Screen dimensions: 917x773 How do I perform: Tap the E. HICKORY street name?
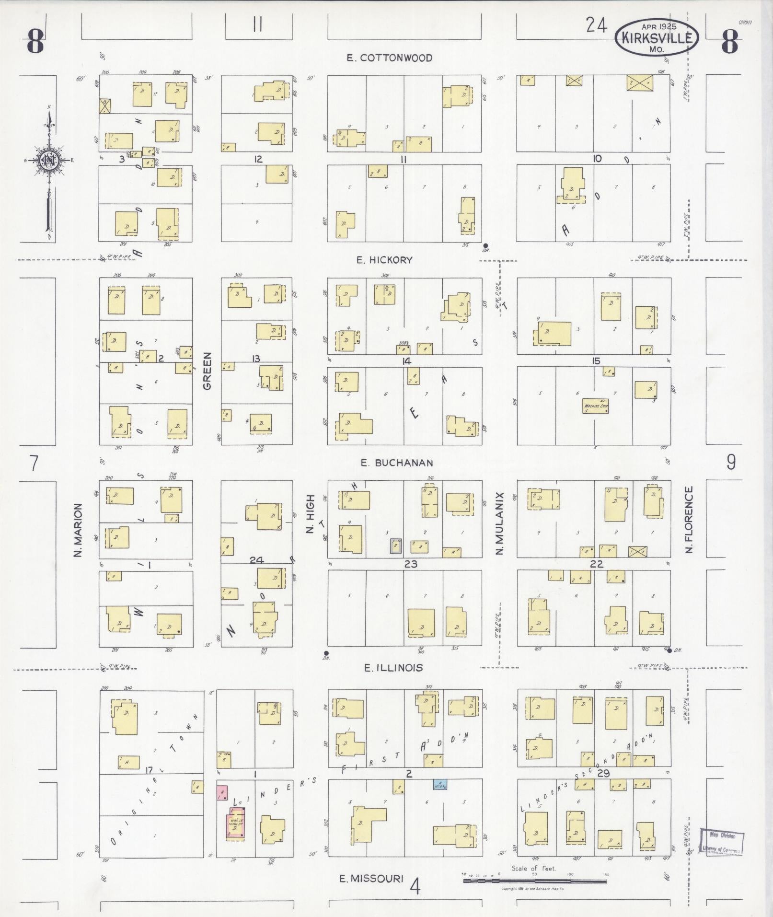pyautogui.click(x=384, y=260)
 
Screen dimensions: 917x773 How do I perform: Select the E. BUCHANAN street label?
pyautogui.click(x=397, y=463)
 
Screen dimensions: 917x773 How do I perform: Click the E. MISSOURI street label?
pyautogui.click(x=371, y=879)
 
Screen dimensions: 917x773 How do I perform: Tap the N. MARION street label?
pyautogui.click(x=79, y=530)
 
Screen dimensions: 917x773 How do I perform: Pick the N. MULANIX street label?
pyautogui.click(x=500, y=523)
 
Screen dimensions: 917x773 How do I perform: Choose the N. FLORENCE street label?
pyautogui.click(x=690, y=519)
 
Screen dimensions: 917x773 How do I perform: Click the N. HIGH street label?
pyautogui.click(x=310, y=514)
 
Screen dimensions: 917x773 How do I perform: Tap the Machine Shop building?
pyautogui.click(x=595, y=406)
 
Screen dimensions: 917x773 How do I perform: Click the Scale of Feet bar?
pyautogui.click(x=534, y=880)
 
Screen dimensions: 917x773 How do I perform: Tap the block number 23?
pyautogui.click(x=411, y=564)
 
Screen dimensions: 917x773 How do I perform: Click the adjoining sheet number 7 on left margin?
pyautogui.click(x=33, y=464)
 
